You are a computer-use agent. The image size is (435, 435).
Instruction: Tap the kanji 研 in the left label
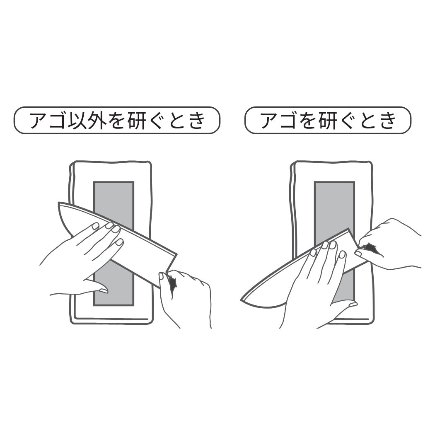tap(137, 121)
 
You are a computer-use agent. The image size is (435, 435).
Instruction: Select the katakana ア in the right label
tap(271, 121)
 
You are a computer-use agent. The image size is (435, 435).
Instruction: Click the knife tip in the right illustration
tap(242, 300)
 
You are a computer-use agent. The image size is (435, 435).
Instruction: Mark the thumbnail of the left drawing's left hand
tap(104, 290)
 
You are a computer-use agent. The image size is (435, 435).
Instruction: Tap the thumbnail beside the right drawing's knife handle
tap(358, 253)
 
